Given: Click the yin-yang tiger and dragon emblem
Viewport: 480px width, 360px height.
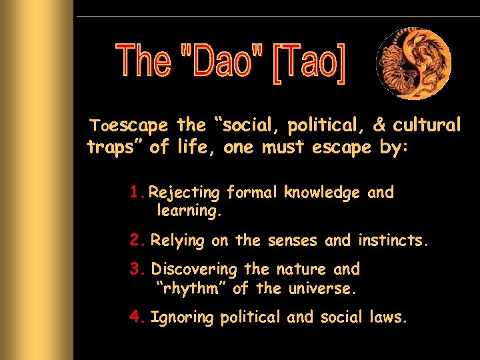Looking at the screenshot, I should click(413, 63).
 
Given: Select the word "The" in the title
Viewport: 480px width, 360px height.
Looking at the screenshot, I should click(144, 61).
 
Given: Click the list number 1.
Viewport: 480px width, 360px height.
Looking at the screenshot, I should click(136, 193).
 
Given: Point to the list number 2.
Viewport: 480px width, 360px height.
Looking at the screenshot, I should click(137, 240).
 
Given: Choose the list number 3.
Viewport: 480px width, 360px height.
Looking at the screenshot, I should click(137, 269).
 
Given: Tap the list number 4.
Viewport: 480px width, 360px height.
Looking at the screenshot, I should click(137, 317).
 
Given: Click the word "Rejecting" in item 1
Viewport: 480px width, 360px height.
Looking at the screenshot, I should click(184, 193).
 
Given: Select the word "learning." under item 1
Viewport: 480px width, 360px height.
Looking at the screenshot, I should click(189, 212).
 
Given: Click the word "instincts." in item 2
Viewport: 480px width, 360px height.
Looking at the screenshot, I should click(393, 240).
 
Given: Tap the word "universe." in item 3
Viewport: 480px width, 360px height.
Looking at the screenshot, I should click(323, 289).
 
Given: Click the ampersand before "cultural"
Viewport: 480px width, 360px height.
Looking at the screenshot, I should click(379, 125).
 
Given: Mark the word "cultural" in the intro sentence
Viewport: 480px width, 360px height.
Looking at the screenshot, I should click(427, 125).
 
